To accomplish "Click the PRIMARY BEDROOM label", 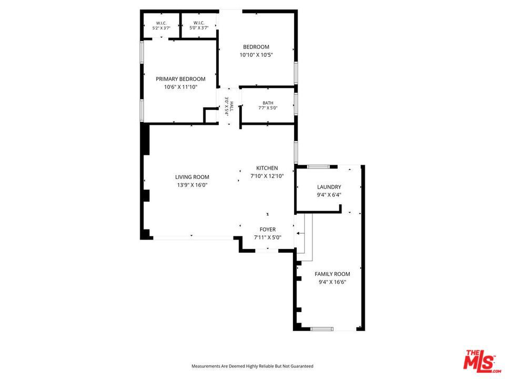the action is tap(180, 79).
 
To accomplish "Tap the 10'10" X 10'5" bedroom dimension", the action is tap(256, 55).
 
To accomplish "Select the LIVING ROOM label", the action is tap(192, 177).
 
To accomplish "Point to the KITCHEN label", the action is tap(267, 168).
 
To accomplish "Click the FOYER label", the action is tap(268, 230).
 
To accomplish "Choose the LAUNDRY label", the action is tap(329, 187).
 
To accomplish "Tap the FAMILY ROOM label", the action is tap(332, 274).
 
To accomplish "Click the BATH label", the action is tap(268, 103).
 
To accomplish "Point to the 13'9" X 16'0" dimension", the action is tap(192, 185).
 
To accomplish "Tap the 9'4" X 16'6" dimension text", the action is tap(332, 282).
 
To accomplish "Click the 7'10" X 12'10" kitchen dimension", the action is tap(267, 176).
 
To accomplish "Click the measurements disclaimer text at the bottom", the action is tap(252, 366).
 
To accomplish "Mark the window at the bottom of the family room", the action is tap(321, 328).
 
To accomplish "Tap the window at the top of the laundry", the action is tap(318, 167).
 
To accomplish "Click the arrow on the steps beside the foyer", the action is tap(300, 233).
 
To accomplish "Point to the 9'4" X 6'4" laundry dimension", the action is tap(329, 195).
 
